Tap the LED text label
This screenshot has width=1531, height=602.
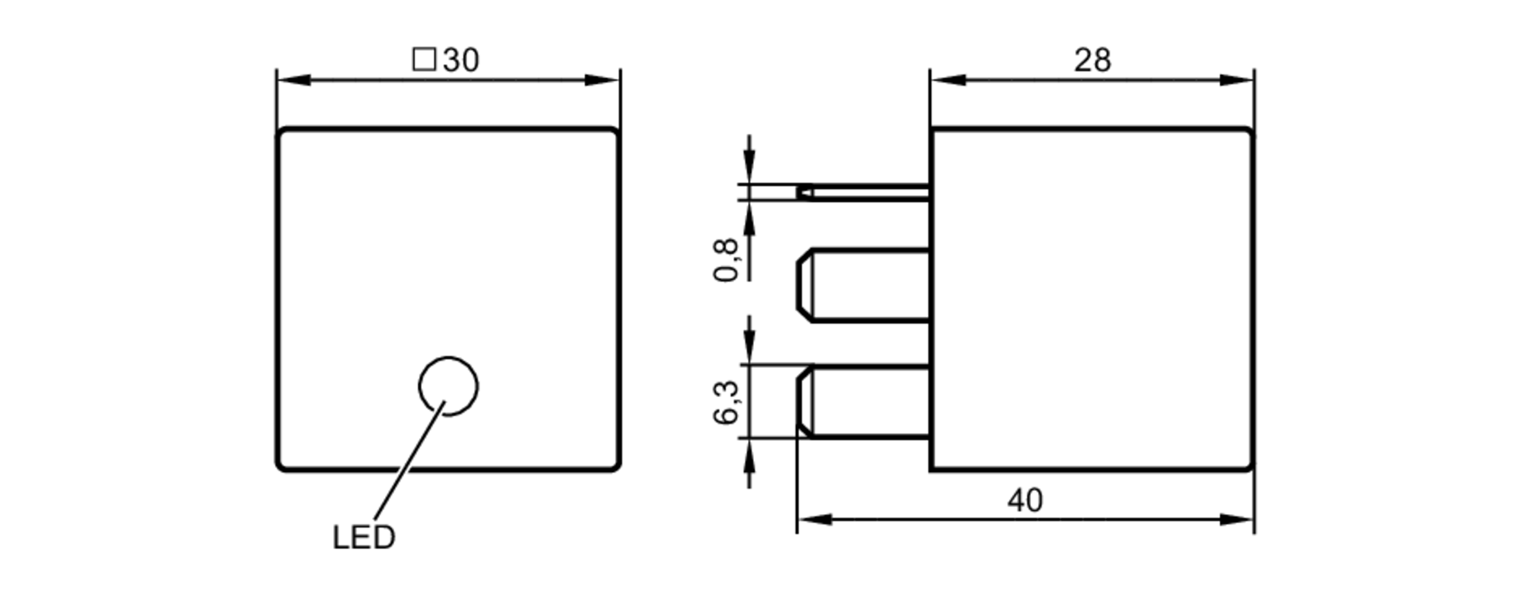pyautogui.click(x=364, y=538)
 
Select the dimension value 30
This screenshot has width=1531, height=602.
pyautogui.click(x=461, y=60)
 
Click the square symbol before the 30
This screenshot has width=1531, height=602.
pyautogui.click(x=424, y=60)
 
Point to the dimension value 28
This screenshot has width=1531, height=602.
pyautogui.click(x=1092, y=60)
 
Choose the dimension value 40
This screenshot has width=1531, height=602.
pyautogui.click(x=1025, y=500)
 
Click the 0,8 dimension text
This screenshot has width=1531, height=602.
pyautogui.click(x=726, y=260)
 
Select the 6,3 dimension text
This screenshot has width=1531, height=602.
pyautogui.click(x=726, y=402)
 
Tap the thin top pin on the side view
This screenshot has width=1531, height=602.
pyautogui.click(x=863, y=192)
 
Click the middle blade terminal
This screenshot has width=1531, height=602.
pyautogui.click(x=863, y=285)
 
